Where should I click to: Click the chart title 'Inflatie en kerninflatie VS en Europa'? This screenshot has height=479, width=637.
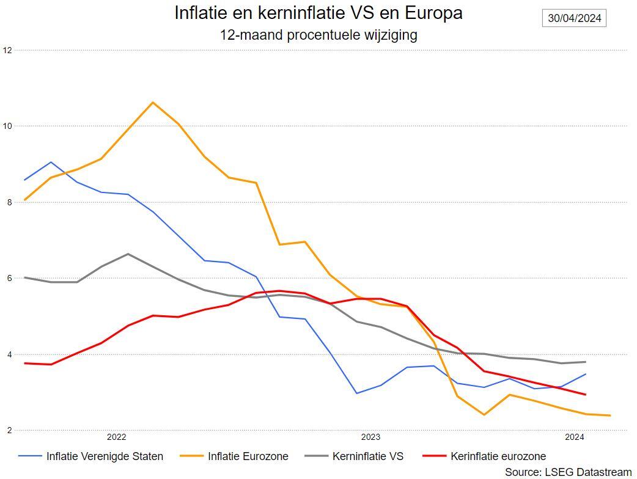point(318,13)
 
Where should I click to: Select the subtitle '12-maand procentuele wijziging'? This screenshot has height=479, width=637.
point(318,35)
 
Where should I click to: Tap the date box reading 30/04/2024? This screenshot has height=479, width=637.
point(574,18)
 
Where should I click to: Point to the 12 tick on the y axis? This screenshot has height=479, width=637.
point(7,50)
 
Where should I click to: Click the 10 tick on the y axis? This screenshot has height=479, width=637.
point(7,126)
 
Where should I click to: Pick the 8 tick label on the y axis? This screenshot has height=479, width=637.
point(7,202)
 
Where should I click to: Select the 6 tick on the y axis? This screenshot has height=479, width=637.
point(7,278)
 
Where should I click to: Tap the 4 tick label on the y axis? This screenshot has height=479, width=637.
point(7,354)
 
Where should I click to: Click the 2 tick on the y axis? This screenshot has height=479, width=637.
point(7,431)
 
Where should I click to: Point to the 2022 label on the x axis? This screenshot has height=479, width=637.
point(116,437)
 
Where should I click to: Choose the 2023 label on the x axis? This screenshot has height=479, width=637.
point(370,437)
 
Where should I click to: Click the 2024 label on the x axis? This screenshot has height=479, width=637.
point(574,437)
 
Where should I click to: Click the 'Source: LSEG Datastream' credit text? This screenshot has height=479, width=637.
point(568,472)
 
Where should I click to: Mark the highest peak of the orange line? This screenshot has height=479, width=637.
point(152,102)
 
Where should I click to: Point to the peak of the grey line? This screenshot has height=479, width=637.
point(127,254)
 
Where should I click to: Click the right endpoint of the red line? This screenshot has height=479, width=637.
point(586,395)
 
